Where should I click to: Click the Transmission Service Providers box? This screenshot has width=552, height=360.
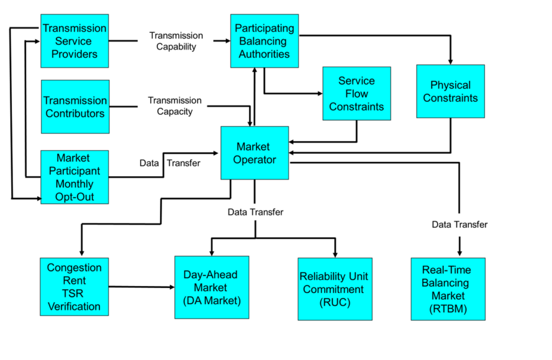tap(74, 41)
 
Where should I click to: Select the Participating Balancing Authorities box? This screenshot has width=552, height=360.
tap(264, 41)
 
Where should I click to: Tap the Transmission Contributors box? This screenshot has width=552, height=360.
tap(75, 107)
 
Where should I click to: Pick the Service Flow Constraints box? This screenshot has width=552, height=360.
tap(356, 93)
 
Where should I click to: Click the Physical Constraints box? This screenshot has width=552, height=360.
tap(450, 91)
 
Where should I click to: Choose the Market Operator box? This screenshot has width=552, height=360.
tap(254, 153)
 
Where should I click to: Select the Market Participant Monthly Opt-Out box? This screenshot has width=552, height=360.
tap(74, 177)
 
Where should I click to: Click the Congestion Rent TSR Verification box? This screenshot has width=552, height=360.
tap(74, 287)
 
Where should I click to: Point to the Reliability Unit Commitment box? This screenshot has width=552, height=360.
tap(335, 289)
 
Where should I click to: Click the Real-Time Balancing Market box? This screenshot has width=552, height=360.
tap(448, 289)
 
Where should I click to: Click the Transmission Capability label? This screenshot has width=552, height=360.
tap(176, 41)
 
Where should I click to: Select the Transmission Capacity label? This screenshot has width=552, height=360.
tap(175, 106)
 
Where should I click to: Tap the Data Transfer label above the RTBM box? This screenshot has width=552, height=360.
tap(460, 224)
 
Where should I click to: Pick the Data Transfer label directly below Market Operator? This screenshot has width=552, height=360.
tap(255, 212)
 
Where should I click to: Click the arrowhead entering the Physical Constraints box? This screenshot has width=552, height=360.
tap(451, 61)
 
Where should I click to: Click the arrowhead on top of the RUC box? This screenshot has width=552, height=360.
tap(335, 253)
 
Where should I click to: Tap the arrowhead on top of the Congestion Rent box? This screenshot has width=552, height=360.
tap(81, 253)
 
